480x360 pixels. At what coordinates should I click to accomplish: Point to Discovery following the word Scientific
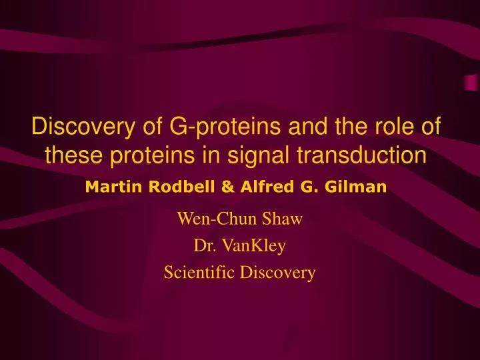point(281,272)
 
